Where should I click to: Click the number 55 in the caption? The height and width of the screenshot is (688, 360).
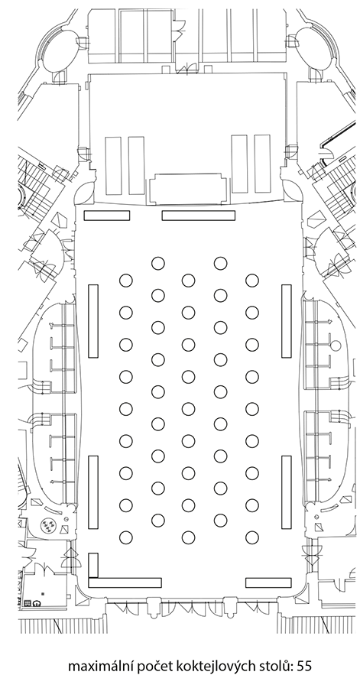coord(304,666)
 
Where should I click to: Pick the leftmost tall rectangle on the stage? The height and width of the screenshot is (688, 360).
coord(113,165)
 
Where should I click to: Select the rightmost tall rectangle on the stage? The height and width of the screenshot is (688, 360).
coord(262,164)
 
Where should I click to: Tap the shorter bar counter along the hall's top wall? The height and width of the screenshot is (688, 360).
coord(106,216)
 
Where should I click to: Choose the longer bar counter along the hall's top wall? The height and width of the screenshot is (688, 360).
coord(199,216)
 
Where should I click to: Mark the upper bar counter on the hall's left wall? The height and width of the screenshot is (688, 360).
coord(93,321)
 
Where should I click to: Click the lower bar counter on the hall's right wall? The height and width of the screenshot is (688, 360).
coord(287,492)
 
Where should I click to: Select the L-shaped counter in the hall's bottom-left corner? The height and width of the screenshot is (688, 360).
coord(125,583)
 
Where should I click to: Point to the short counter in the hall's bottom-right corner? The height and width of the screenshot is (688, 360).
coord(268,583)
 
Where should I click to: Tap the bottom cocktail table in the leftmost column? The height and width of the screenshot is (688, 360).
coord(126,537)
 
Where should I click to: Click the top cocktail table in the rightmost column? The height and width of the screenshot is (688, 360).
coord(252,280)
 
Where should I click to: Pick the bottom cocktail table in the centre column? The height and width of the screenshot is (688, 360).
coord(189,537)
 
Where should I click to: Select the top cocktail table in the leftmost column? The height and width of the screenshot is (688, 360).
coord(126,280)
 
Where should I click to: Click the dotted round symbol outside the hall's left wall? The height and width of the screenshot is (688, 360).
coord(48,524)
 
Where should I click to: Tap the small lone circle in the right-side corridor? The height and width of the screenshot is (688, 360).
coord(336,346)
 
